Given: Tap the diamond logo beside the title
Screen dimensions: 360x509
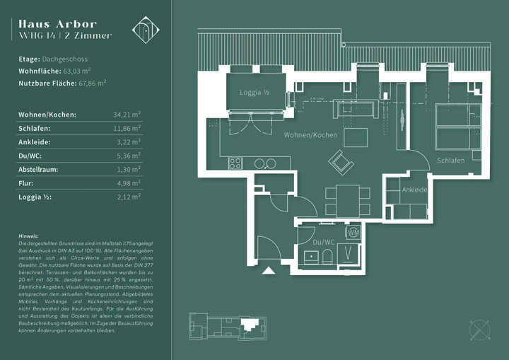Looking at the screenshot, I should [x=146, y=30].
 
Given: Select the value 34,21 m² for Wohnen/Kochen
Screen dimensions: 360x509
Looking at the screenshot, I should [x=127, y=114].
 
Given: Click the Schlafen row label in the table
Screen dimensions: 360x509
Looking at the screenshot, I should [x=34, y=128].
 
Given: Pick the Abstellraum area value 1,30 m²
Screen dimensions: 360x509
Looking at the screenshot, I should [x=128, y=170].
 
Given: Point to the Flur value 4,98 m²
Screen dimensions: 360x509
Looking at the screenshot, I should [x=128, y=184].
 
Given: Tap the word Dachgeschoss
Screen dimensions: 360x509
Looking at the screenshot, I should [x=65, y=59].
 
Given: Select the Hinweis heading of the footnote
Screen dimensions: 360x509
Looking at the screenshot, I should [x=29, y=236].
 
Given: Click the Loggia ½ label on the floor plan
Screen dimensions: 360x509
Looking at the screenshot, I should [x=255, y=93].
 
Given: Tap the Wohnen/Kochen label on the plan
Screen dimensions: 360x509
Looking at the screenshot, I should [x=310, y=134].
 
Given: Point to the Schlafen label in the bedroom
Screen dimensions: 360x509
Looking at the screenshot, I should [x=450, y=161].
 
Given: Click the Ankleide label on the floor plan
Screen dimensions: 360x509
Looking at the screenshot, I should [x=414, y=190].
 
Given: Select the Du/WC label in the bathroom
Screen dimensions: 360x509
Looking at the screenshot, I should [x=323, y=242].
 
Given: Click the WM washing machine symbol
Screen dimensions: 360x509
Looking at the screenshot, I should [x=353, y=232].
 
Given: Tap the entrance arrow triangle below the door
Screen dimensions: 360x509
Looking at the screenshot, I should [x=268, y=270].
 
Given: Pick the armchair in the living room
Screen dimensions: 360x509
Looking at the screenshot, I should [x=341, y=163].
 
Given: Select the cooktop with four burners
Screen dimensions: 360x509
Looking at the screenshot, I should [x=235, y=163].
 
